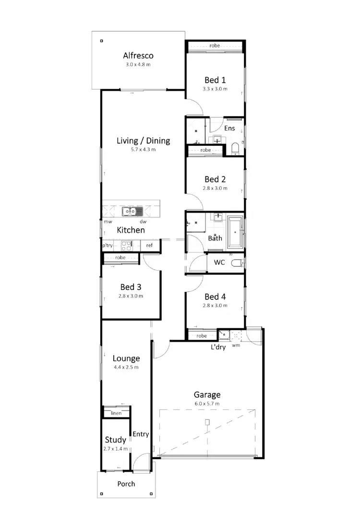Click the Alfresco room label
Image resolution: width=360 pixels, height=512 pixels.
pos(138,56)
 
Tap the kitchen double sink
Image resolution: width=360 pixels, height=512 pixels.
pos(131,211)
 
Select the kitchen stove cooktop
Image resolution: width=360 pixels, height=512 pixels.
pos(127,246)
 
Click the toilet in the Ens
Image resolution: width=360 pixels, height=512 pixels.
pos(235,149)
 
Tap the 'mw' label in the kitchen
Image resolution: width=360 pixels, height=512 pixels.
pos(108,222)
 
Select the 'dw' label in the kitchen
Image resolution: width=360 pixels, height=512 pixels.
pos(143,222)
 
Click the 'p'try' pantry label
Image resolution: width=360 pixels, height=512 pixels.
pos(108,246)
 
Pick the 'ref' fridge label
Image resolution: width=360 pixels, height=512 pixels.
pos(150,246)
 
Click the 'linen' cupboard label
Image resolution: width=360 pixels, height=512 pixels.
pos(116,413)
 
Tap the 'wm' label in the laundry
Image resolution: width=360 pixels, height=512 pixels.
pos(236,345)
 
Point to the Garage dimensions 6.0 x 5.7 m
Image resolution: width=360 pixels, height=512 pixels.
pos(207,404)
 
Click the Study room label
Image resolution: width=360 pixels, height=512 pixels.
pos(116,440)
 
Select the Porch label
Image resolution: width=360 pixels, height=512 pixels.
pos(126,484)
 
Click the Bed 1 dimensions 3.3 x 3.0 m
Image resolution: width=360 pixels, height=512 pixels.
pos(215,89)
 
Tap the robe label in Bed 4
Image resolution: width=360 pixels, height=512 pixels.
pos(202,336)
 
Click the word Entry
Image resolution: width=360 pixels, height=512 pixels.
pos(141,434)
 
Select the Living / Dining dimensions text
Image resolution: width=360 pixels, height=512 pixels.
pos(143,149)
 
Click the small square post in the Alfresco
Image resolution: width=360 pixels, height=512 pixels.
pos(101,41)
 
